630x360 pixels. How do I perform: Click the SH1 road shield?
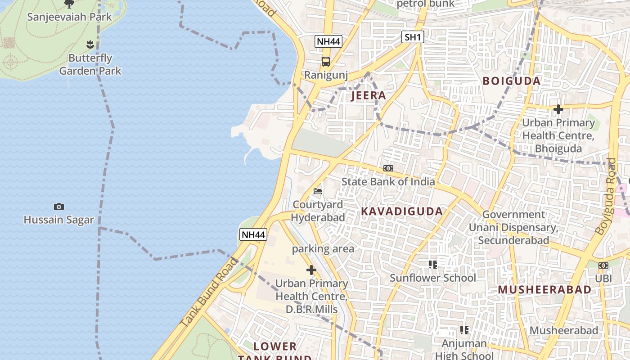(x=413, y=37)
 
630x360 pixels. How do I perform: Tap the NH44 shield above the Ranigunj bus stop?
(x=328, y=41)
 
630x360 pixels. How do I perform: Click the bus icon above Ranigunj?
(x=325, y=62)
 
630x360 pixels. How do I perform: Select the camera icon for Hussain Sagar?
(x=58, y=207)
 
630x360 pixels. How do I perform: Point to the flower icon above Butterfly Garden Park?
(x=90, y=44)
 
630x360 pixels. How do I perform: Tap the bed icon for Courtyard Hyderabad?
(x=318, y=191)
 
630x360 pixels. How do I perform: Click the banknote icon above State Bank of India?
(x=388, y=168)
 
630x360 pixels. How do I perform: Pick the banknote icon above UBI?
(x=603, y=265)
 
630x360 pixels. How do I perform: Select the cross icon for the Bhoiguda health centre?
(x=558, y=109)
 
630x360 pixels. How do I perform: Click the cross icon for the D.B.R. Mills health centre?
(x=311, y=270)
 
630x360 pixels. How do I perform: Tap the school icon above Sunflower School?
(x=433, y=264)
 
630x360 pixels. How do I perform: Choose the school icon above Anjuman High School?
(x=464, y=330)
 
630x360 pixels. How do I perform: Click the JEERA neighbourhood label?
(x=369, y=95)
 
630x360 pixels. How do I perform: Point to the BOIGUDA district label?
(x=511, y=81)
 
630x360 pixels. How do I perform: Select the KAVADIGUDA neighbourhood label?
(x=402, y=211)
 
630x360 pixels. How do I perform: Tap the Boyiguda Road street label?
(x=606, y=196)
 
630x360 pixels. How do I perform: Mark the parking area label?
(x=323, y=249)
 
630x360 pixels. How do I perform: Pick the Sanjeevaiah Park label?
(x=69, y=17)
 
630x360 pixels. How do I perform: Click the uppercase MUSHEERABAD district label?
(x=544, y=289)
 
